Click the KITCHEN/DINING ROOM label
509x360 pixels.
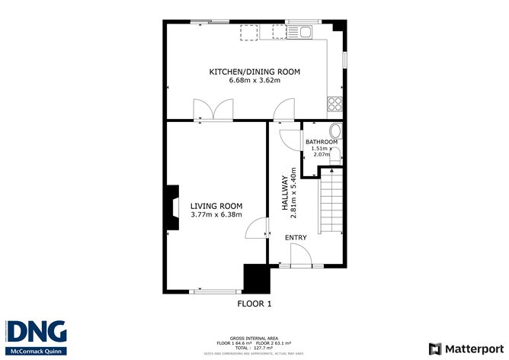click(254, 72)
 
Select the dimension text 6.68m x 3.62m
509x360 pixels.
click(254, 80)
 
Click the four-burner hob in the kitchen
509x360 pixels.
click(334, 103)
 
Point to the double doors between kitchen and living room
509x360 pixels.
click(213, 111)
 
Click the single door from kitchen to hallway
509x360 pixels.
click(284, 111)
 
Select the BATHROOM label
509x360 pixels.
click(321, 143)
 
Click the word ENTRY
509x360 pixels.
click(296, 238)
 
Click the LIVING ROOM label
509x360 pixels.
click(216, 206)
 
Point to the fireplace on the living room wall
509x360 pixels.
click(171, 208)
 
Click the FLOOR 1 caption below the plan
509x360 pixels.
click(254, 304)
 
